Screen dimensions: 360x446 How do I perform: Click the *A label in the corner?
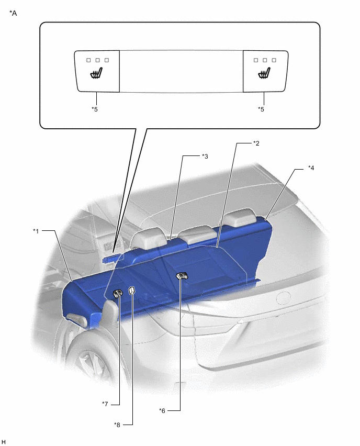pos(13,13)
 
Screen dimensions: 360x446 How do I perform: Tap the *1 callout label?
pos(36,231)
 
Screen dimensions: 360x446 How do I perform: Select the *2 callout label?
pos(256,143)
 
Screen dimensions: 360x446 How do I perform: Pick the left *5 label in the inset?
pos(95,109)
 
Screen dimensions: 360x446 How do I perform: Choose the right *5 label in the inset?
pos(261,109)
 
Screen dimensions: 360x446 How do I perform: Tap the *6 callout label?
pos(162,411)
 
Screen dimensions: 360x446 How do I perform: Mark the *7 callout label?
pos(105,404)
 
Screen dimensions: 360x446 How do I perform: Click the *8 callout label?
pos(117,425)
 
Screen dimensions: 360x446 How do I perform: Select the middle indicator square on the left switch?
pos(97,60)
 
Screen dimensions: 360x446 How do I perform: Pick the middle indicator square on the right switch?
pos(265,60)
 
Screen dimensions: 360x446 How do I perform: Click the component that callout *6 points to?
pos(182,276)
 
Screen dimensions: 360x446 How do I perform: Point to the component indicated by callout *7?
pos(118,293)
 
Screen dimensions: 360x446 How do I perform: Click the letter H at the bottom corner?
pos(4,442)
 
